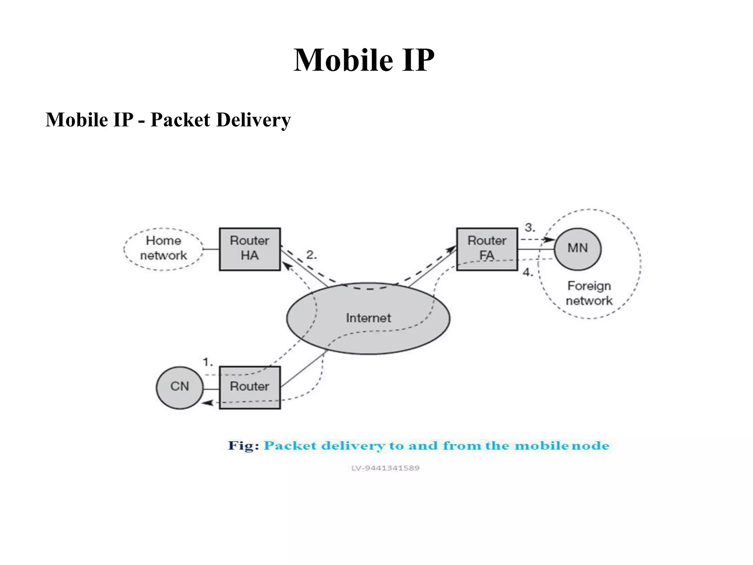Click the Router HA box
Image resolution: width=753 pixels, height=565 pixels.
[x=250, y=249]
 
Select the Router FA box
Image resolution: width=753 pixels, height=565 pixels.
[x=487, y=249]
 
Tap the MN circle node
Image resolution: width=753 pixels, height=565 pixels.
[x=577, y=249]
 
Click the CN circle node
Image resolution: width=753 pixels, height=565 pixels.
[x=179, y=387]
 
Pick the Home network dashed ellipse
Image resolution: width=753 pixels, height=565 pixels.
[x=163, y=249]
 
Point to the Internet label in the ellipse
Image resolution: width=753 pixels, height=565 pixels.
[x=368, y=318]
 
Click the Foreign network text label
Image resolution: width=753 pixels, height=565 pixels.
[x=589, y=293]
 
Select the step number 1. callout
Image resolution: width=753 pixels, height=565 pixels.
[x=208, y=362]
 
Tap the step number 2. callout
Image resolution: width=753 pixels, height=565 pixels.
[x=311, y=255]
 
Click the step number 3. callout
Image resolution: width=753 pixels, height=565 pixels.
[x=529, y=227]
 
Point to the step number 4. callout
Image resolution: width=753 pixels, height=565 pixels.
[x=528, y=273]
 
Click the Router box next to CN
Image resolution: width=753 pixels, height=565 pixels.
[x=250, y=387]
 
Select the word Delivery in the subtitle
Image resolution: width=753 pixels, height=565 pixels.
[x=253, y=120]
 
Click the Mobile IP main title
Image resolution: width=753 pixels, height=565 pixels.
[x=364, y=60]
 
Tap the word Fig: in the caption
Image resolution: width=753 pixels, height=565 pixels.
[x=243, y=445]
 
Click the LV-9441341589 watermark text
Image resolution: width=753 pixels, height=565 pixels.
[x=385, y=468]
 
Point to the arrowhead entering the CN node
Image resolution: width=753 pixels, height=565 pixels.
[x=208, y=403]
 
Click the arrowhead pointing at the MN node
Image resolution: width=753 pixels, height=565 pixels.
[x=550, y=239]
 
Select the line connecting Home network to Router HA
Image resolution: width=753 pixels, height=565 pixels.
[x=211, y=249]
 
